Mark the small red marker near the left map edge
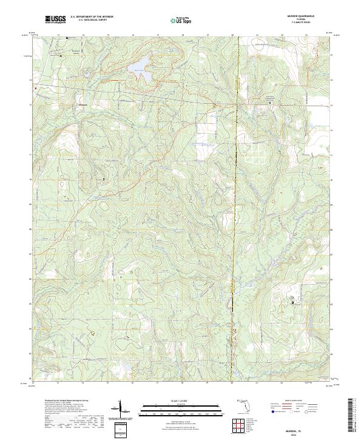(35, 89)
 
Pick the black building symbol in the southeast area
(295, 302)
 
